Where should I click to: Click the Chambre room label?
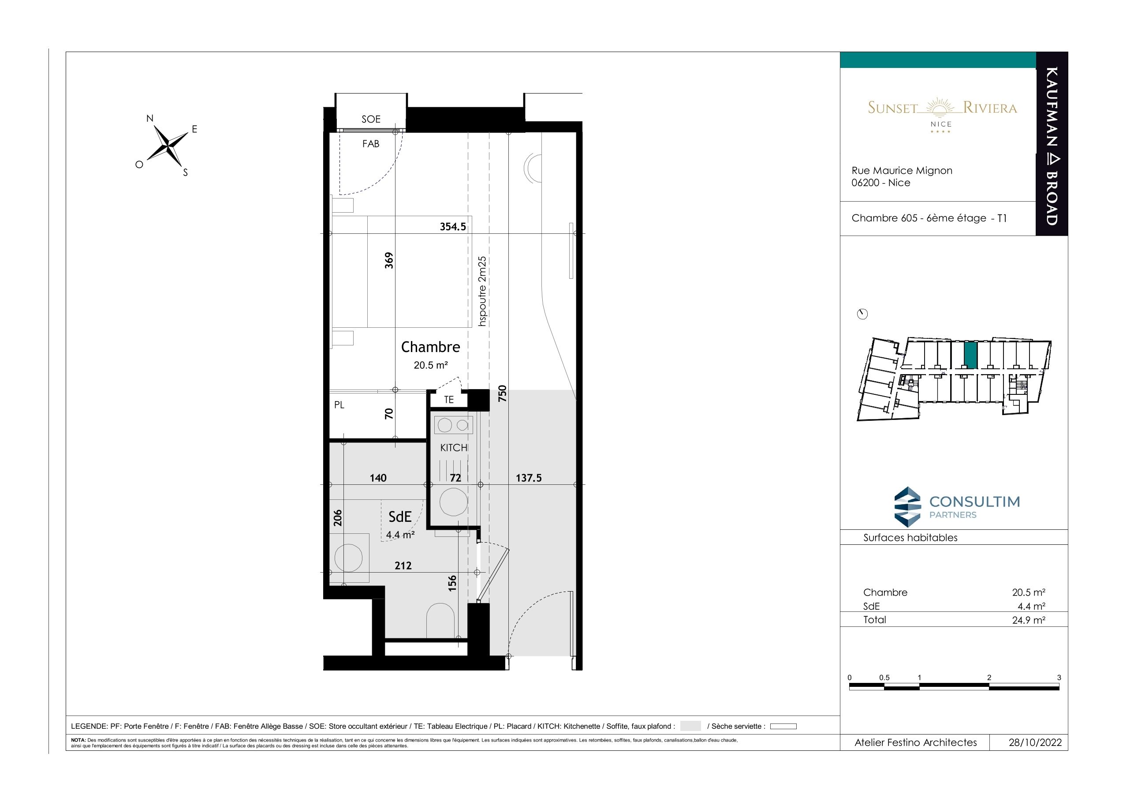(430, 347)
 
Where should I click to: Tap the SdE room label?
(400, 517)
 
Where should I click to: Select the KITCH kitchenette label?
(453, 448)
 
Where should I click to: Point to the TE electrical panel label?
(448, 400)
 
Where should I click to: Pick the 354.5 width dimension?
(453, 227)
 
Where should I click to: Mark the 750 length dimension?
(502, 394)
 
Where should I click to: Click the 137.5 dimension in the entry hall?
(529, 478)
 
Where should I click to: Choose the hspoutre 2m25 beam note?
(482, 291)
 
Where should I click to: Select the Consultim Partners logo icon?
(908, 506)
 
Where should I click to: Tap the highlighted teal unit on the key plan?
(970, 355)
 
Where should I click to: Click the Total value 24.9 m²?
(1028, 620)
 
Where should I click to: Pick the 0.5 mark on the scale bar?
(884, 678)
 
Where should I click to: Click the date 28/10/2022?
(1035, 743)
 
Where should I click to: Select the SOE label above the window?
(371, 119)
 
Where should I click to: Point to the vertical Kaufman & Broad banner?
(1052, 144)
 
